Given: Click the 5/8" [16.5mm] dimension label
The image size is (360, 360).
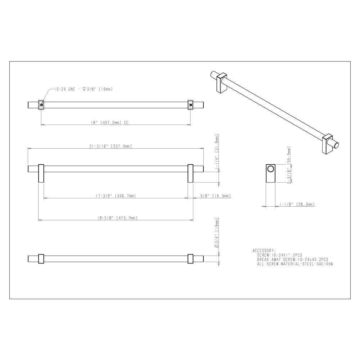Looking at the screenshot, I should click(x=215, y=196).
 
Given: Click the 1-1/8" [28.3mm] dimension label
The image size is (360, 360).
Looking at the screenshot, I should click(x=297, y=204).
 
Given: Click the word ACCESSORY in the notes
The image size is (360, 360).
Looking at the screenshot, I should click(x=264, y=250).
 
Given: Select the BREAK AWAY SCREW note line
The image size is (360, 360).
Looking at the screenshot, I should click(x=292, y=259).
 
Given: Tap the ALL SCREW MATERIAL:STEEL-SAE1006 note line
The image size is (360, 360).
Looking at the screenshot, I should click(x=295, y=264).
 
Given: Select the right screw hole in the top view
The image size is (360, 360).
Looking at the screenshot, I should click(x=190, y=105).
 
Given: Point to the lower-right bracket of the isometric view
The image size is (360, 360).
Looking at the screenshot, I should click(x=329, y=144).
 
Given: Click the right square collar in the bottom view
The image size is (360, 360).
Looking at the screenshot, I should click(x=190, y=258).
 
